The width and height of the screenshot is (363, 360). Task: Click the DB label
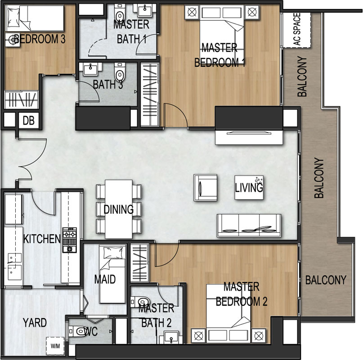pyautogui.click(x=29, y=121)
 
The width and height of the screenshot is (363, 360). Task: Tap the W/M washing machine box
pyautogui.click(x=55, y=346)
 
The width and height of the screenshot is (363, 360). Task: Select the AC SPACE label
pyautogui.click(x=296, y=29)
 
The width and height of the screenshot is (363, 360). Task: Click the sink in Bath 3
pyautogui.click(x=90, y=69)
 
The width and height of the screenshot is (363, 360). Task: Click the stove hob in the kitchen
pyautogui.click(x=69, y=240)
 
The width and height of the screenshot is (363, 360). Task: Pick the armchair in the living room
pyautogui.click(x=206, y=188)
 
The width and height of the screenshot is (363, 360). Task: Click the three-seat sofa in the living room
pyautogui.click(x=249, y=225)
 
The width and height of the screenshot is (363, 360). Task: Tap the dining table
pyautogui.click(x=119, y=209)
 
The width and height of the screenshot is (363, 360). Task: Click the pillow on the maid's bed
pyautogui.click(x=113, y=253)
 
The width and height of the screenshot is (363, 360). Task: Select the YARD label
pyautogui.click(x=35, y=323)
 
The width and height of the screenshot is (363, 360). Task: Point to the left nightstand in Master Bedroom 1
pyautogui.click(x=192, y=12)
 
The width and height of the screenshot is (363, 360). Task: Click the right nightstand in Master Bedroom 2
pyautogui.click(x=259, y=335)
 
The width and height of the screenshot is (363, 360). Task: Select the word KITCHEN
pyautogui.click(x=42, y=239)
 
